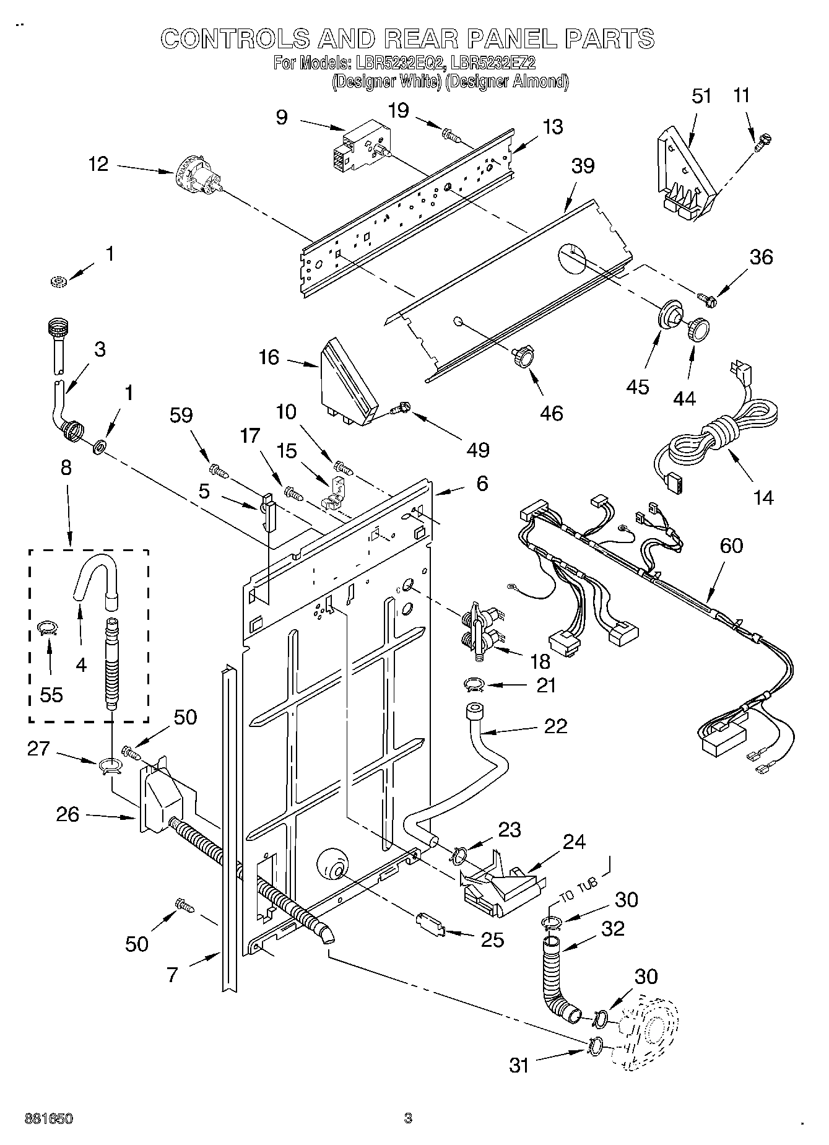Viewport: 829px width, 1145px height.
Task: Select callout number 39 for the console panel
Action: [583, 166]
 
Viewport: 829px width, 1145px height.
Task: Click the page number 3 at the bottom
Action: [407, 1118]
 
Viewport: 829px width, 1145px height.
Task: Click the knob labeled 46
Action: [522, 357]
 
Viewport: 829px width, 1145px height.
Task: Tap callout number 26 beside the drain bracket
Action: [67, 814]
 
